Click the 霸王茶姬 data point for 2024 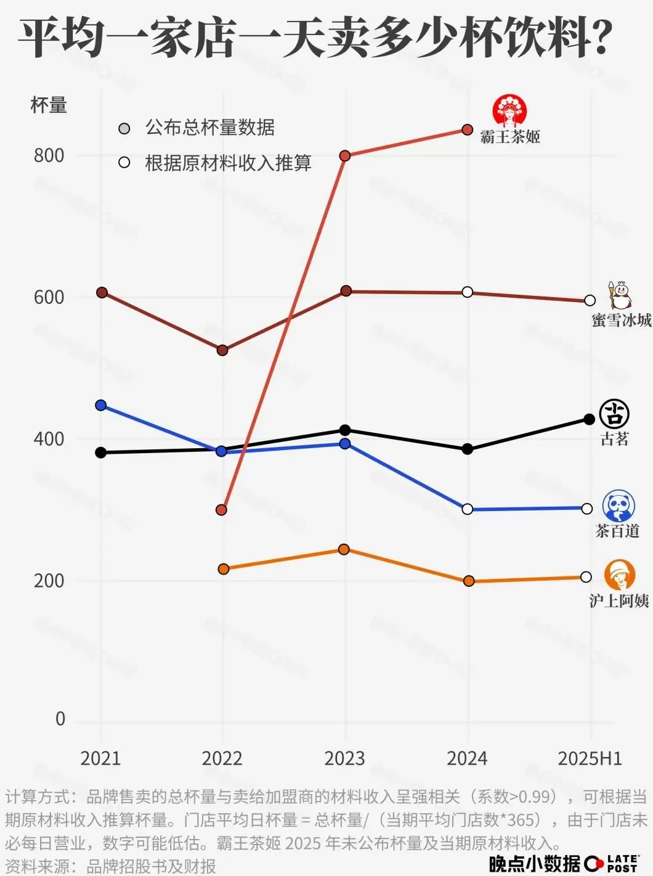point(468,130)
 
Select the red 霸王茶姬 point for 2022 point(222,510)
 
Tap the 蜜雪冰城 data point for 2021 point(102,292)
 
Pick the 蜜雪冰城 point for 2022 point(222,350)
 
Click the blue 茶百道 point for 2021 point(101,405)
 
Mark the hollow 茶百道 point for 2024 point(468,509)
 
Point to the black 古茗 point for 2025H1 point(589,419)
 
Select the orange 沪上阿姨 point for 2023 point(344,549)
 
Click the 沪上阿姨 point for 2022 point(224,568)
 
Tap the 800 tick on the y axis point(49,155)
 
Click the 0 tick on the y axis point(60,719)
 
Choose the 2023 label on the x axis point(344,758)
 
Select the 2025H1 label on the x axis point(590,758)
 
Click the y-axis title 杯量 point(49,105)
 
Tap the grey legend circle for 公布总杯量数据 point(124,128)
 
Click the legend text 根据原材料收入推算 point(228,163)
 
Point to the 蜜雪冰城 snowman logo point(620,295)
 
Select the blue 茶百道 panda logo point(618,506)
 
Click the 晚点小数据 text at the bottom point(534,864)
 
